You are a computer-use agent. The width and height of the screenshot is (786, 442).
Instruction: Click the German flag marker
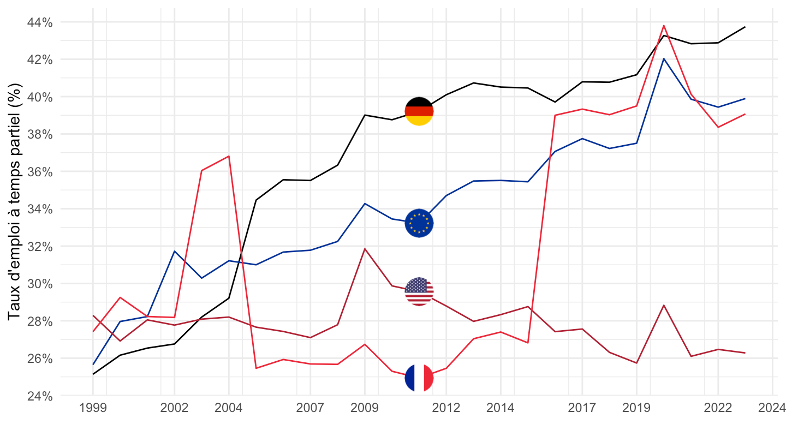coord(419,111)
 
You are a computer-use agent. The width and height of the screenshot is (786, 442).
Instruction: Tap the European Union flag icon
coord(419,223)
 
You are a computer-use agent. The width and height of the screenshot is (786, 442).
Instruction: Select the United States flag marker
coord(419,291)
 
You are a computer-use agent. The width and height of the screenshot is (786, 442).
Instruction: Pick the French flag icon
coord(419,378)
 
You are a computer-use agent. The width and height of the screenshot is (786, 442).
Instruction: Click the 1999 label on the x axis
coord(93,408)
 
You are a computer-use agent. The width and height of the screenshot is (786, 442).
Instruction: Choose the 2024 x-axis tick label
coord(772,408)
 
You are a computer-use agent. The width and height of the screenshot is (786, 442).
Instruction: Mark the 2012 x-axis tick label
coord(446,408)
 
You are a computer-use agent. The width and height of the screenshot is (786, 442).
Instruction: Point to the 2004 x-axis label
coord(229,408)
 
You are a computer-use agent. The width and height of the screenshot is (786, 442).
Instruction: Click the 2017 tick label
coord(582,408)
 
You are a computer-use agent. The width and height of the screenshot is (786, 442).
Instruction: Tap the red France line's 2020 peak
coord(664,25)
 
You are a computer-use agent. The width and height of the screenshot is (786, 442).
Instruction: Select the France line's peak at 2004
coord(229,156)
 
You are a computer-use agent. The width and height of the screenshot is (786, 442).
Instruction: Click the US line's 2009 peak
coord(365,249)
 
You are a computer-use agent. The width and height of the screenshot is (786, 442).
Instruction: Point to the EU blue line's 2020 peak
coord(664,58)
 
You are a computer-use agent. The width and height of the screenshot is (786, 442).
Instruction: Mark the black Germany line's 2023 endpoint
coord(745,27)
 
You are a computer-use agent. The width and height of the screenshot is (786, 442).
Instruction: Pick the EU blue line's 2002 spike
coord(175,251)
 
